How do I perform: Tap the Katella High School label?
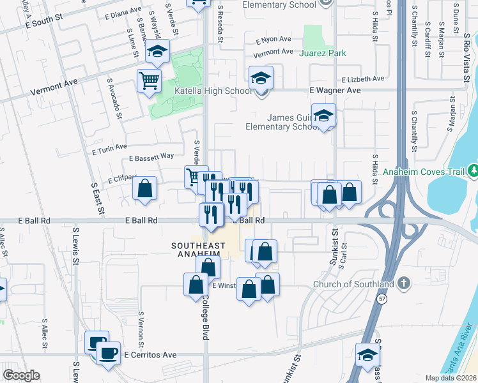click(213, 91)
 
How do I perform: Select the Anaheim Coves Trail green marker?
click(473, 171)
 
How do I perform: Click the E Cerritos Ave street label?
click(150, 354)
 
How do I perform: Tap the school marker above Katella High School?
click(261, 78)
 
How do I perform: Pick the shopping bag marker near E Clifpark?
click(145, 189)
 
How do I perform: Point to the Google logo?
click(20, 375)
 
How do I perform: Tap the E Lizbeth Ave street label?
click(362, 79)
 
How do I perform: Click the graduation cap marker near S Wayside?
click(156, 52)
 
